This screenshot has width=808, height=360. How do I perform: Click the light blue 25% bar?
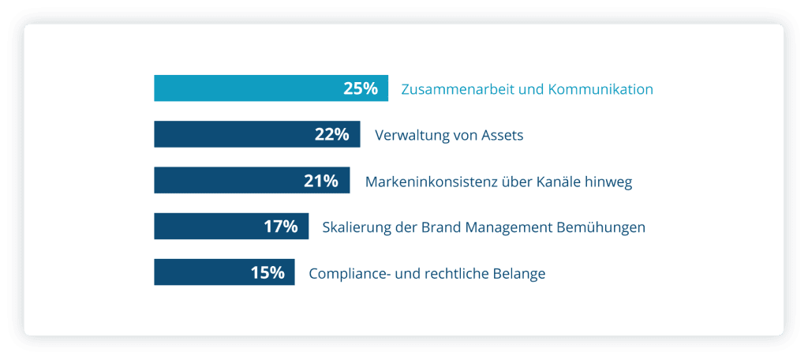click(245, 88)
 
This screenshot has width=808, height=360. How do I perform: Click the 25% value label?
click(361, 88)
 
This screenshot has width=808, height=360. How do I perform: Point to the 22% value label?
click(331, 134)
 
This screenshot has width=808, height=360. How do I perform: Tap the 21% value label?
click(321, 181)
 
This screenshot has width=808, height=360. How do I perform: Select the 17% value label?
click(280, 227)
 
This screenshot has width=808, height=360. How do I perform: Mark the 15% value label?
click(267, 272)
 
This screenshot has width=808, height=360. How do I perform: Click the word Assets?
click(500, 135)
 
